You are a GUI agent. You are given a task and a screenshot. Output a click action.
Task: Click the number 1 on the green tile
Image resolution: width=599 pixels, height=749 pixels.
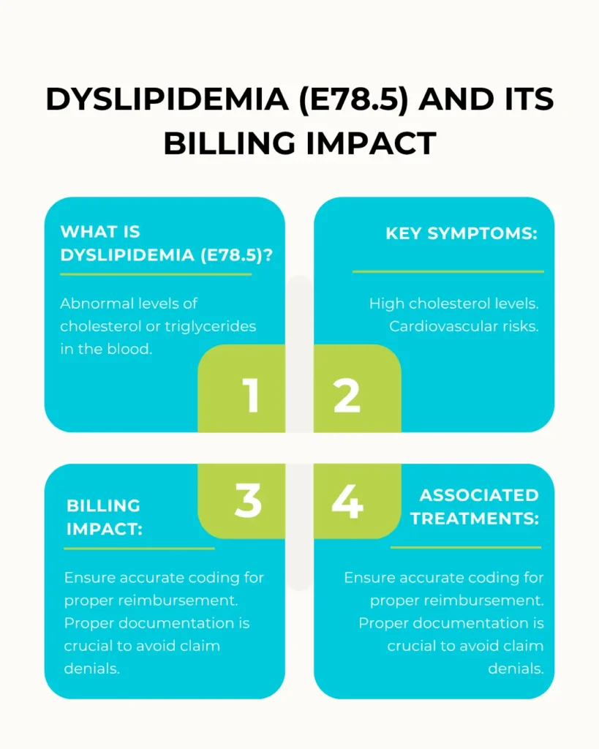(251, 395)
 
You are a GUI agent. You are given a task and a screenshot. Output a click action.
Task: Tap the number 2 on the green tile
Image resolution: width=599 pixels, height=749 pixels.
(347, 395)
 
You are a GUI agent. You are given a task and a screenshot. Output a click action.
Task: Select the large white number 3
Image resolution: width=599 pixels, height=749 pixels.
(248, 501)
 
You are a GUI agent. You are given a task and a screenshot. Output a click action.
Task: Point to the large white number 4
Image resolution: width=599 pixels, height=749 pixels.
(347, 501)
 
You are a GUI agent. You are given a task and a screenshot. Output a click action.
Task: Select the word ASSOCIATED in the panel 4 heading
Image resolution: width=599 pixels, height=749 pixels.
(479, 495)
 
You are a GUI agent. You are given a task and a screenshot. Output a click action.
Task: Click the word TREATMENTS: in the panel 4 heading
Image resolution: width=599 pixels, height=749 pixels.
(475, 519)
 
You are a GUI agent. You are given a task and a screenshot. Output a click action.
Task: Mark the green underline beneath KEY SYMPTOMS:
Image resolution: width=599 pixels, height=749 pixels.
(448, 271)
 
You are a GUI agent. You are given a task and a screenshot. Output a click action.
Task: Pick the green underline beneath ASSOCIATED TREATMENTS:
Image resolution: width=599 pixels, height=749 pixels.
(466, 547)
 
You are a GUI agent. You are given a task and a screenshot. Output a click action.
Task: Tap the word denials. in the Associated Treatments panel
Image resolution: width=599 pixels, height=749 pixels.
(516, 669)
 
